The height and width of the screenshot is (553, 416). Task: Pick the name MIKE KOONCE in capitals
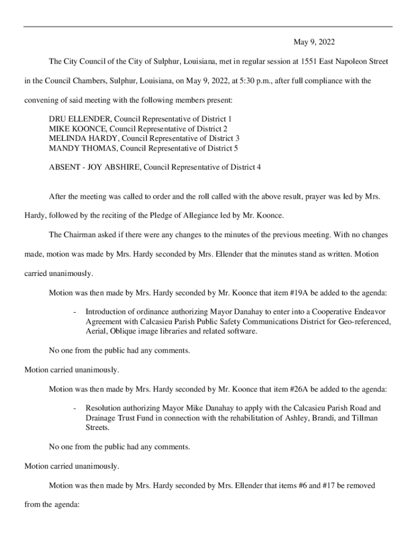pos(76,128)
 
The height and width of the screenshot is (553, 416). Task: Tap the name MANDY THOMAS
pos(82,147)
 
